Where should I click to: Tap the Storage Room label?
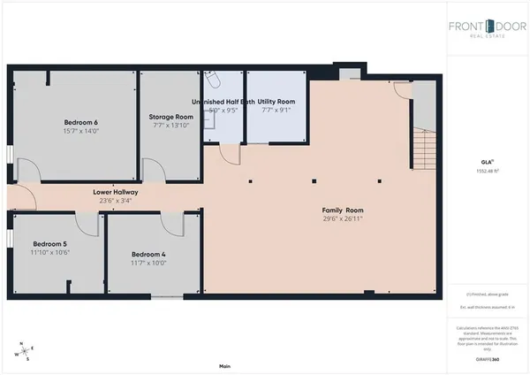tap(171, 117)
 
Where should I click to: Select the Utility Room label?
tap(276, 103)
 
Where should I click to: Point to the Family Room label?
tap(343, 210)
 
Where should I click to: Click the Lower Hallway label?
tap(116, 192)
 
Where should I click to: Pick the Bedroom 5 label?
tap(50, 243)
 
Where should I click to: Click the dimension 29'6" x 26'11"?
tap(343, 218)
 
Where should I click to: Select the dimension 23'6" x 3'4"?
tap(116, 200)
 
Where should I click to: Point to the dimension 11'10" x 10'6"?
tap(50, 252)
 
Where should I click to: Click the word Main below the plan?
tap(224, 366)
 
